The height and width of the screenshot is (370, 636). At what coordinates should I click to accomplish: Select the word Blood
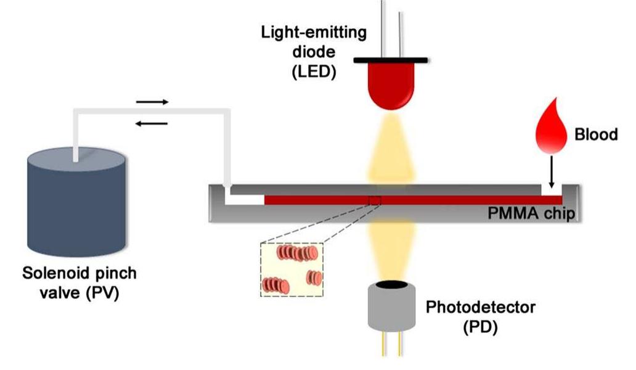click(x=595, y=134)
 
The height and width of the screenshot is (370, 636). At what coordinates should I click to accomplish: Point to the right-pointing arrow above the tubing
click(x=152, y=102)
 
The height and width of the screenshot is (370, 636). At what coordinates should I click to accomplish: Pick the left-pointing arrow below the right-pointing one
click(x=152, y=123)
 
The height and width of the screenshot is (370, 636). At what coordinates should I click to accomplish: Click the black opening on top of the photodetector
click(x=392, y=285)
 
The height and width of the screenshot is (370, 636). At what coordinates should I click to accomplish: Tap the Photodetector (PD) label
click(x=480, y=315)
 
